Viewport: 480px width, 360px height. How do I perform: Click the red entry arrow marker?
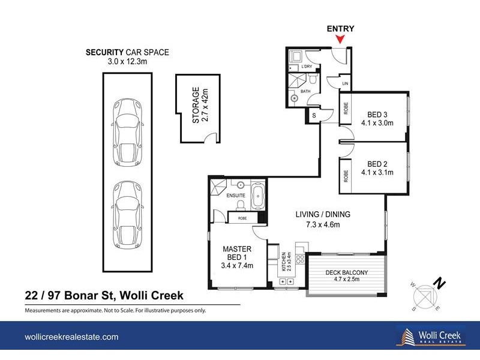click(x=340, y=40)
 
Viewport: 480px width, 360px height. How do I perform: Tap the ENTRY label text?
click(x=340, y=28)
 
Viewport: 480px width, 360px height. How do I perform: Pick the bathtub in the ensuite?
click(x=257, y=196)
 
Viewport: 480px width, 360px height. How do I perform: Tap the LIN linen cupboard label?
click(x=344, y=83)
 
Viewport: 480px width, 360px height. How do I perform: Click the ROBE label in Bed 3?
click(x=346, y=108)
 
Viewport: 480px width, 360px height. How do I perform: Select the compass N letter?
click(x=441, y=281)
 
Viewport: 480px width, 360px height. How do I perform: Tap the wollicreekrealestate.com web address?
click(x=71, y=337)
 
